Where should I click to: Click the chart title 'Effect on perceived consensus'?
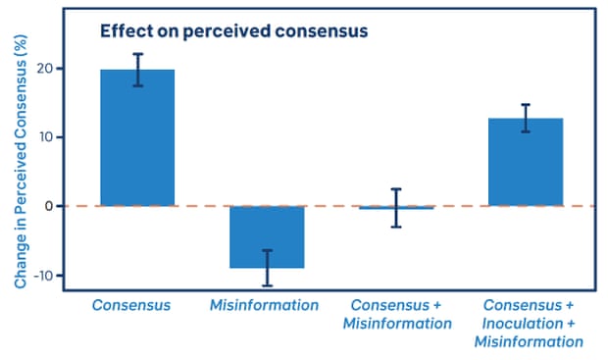[x=233, y=31]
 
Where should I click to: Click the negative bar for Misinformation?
[x=267, y=235]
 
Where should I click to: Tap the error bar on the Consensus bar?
[x=137, y=70]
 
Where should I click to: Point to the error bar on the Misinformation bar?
[x=267, y=268]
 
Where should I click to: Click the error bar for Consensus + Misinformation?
[x=396, y=208]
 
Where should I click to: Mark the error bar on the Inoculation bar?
[x=526, y=118]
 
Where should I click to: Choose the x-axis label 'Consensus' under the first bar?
[x=131, y=305]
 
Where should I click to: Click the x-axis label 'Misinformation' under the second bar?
[x=264, y=305]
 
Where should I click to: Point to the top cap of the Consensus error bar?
[x=137, y=54]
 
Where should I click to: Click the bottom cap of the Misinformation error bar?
[x=267, y=285]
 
